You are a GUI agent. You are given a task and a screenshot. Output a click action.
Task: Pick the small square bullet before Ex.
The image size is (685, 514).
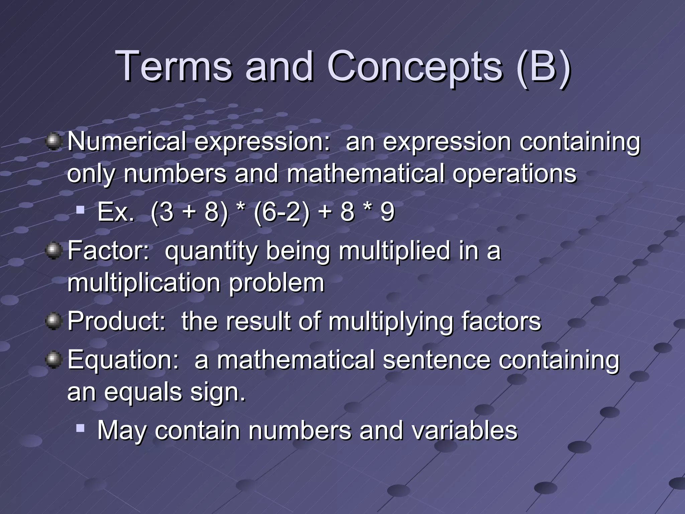(x=80, y=210)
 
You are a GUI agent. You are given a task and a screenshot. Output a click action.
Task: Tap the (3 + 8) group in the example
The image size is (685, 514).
(x=189, y=212)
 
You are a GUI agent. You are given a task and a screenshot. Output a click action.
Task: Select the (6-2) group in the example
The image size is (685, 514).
(x=282, y=212)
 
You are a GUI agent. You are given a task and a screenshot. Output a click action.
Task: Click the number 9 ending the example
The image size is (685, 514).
(x=387, y=212)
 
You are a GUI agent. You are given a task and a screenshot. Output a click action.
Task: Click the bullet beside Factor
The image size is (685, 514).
(x=53, y=251)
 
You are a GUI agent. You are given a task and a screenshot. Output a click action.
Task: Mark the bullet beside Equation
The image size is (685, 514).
(x=53, y=360)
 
